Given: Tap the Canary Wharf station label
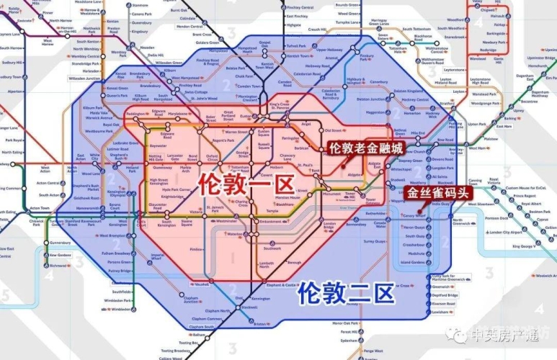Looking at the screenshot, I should (x=414, y=215).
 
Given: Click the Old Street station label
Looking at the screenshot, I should (x=334, y=130).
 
